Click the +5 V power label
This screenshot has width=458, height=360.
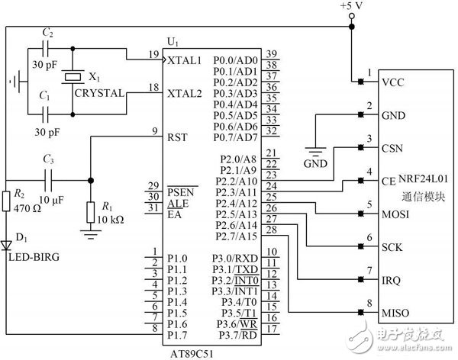353,7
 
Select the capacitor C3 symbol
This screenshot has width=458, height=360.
47,181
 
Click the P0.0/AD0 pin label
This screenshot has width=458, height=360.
236,59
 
